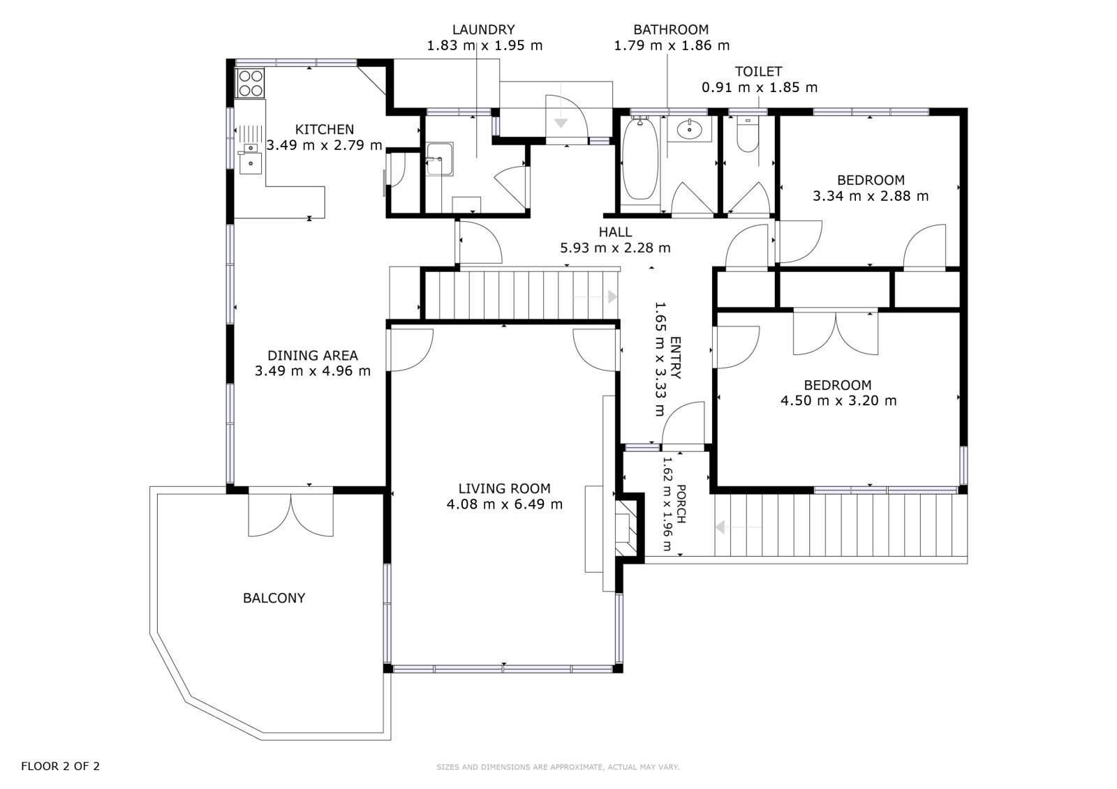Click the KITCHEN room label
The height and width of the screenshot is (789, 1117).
point(324,130)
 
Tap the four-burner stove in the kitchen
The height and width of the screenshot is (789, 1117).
point(250,83)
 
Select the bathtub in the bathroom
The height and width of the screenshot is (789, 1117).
point(640,158)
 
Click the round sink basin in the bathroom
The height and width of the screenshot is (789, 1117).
point(690,129)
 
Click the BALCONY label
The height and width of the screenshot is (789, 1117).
point(274,598)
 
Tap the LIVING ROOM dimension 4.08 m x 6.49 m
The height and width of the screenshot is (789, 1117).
point(505,504)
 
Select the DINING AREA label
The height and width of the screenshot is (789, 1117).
point(313,355)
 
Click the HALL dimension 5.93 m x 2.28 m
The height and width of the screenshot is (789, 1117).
point(615,248)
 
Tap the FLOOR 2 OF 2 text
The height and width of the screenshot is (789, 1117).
point(60,766)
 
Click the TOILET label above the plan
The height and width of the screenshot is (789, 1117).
point(758,71)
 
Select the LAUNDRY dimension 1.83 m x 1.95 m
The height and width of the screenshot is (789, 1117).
point(484,46)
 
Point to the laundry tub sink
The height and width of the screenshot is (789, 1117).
point(440,159)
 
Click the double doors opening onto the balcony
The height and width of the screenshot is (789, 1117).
point(290,513)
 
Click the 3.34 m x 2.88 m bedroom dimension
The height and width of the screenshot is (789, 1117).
point(871,196)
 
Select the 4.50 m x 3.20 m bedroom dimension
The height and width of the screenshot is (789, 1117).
point(838,400)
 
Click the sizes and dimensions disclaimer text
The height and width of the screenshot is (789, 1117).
point(558,767)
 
